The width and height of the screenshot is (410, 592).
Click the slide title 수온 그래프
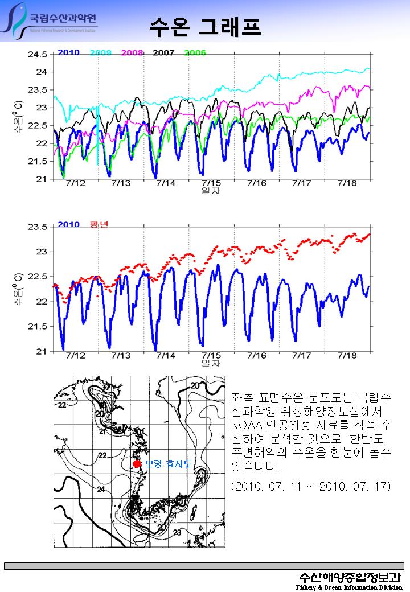[x=205, y=25]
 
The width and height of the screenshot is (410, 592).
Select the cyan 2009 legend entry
[x=100, y=52]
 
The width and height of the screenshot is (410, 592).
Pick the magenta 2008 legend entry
[x=132, y=52]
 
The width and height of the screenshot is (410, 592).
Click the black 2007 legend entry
[x=163, y=52]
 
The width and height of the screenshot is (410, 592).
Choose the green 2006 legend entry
[x=195, y=52]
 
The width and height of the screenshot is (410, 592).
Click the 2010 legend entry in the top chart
[x=68, y=52]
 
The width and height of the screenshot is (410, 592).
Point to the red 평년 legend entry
[x=99, y=224]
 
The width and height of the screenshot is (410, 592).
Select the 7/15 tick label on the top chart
[x=211, y=183]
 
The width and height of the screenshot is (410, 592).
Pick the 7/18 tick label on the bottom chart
[x=347, y=355]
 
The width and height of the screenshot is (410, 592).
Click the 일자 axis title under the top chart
[x=211, y=191]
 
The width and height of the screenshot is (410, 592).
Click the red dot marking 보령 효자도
[x=137, y=464]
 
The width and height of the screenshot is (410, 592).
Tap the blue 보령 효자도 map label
[x=169, y=464]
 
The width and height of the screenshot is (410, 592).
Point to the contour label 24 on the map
[x=101, y=490]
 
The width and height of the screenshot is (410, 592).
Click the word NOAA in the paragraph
[x=247, y=425]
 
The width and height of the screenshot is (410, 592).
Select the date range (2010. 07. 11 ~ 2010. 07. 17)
[x=311, y=487]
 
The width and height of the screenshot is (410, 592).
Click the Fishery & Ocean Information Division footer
[x=349, y=587]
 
